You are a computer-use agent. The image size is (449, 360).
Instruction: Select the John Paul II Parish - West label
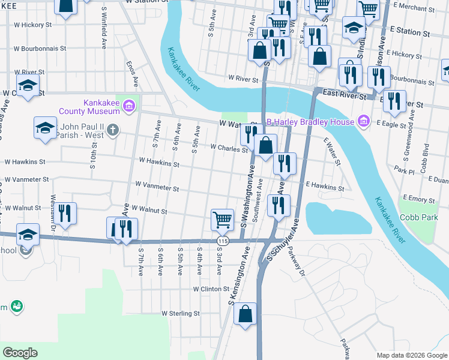(x=82, y=130)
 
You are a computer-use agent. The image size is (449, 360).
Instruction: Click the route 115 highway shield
(x=223, y=241)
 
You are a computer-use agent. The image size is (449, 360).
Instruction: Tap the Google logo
(x=20, y=353)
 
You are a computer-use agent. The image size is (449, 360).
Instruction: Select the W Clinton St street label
(x=211, y=289)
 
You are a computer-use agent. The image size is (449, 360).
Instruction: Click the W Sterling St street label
(x=180, y=313)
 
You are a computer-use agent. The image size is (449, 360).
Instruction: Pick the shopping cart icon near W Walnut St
(x=223, y=220)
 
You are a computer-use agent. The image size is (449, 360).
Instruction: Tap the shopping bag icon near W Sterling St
(x=245, y=313)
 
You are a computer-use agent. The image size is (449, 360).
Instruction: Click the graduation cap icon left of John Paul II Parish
(x=45, y=127)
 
